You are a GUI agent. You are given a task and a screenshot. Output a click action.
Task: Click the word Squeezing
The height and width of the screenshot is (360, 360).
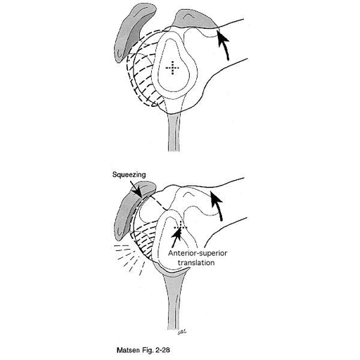[129, 174]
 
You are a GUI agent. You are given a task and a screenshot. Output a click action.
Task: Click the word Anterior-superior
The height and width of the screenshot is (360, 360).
[198, 253]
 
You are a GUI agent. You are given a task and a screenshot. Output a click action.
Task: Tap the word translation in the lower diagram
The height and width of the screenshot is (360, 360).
[196, 262]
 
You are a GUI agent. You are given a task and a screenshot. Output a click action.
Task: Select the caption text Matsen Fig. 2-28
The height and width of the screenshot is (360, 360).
[143, 350]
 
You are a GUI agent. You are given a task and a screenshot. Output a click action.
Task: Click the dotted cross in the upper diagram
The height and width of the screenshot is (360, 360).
[172, 68]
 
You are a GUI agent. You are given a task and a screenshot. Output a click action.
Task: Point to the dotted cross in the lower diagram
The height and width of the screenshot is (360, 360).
[181, 227]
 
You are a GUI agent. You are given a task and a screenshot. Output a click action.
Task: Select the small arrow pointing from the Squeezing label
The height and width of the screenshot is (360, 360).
[136, 188]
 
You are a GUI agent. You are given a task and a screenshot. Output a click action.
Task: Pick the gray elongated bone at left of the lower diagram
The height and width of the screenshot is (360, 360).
[132, 209]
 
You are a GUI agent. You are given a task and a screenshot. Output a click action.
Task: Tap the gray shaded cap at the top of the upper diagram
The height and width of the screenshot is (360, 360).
[194, 19]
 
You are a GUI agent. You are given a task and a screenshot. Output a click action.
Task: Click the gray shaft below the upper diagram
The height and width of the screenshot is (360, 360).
[174, 131]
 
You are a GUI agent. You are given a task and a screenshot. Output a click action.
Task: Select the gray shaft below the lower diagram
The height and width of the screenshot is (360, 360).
[174, 302]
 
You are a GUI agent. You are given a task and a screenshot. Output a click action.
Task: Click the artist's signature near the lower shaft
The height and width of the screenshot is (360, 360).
[181, 332]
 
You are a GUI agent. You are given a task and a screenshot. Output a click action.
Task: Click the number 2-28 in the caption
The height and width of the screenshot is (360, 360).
[162, 350]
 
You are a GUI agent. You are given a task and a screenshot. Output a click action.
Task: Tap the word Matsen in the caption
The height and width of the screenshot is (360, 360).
[126, 350]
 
